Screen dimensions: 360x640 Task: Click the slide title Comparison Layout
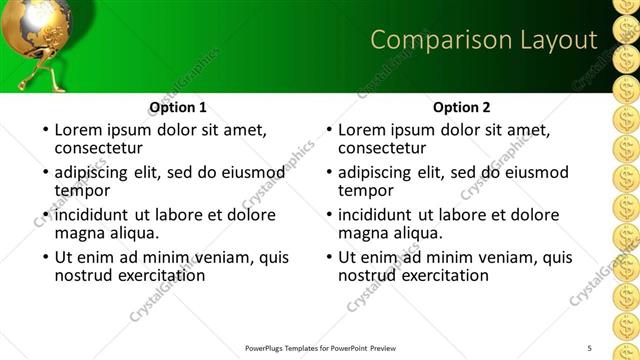[x=484, y=40]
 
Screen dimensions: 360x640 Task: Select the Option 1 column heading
[x=178, y=107]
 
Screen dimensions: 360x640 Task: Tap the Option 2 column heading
[x=462, y=107]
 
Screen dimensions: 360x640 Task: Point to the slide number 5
[x=590, y=347]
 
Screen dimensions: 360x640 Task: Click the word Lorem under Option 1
[x=81, y=130]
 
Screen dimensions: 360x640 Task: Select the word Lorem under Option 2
[x=364, y=130]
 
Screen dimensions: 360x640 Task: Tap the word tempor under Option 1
[x=82, y=190]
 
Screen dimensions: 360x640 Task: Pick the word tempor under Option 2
[x=366, y=190]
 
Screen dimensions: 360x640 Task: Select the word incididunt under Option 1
[x=93, y=215]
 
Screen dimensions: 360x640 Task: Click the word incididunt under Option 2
[x=376, y=215]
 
